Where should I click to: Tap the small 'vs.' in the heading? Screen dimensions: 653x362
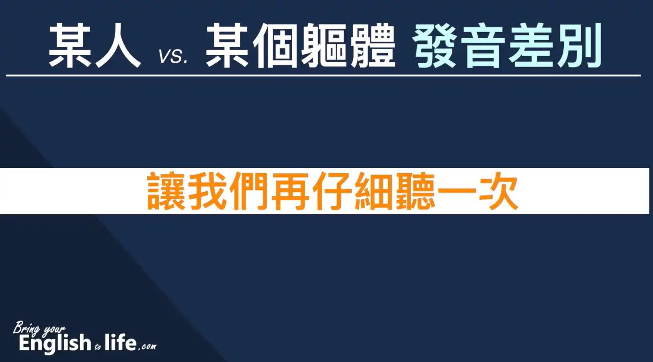[173, 56]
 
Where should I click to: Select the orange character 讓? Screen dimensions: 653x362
[166, 191]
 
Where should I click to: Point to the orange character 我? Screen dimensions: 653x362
[208, 191]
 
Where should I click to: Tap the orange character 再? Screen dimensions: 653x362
[291, 191]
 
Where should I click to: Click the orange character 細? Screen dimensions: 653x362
[374, 191]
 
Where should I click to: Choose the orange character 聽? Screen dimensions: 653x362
[416, 191]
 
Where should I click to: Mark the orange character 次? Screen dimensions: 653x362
[499, 191]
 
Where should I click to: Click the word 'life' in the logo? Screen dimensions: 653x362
[120, 343]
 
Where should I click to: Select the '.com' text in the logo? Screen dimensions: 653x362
[147, 346]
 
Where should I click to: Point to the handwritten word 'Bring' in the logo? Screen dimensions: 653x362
[26, 328]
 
